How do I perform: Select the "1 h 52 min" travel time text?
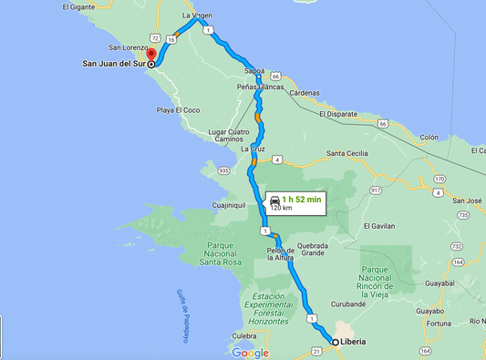point(301,199)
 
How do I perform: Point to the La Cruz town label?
point(253,149)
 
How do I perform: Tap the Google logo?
point(250,353)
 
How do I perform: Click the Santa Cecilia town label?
point(347,153)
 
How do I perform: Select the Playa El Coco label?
point(177,110)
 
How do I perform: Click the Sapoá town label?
point(254,70)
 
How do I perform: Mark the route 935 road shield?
point(223,170)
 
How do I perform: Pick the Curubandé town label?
point(348,304)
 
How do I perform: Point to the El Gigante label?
point(78,6)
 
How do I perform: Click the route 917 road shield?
point(375,190)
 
